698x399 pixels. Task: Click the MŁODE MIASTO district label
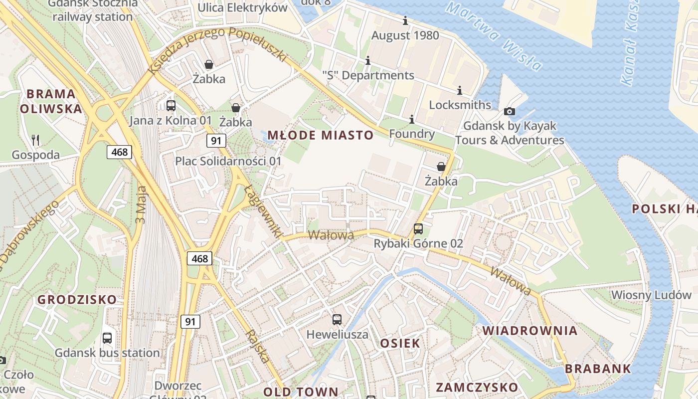point(320,135)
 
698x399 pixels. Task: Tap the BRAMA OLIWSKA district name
point(51,101)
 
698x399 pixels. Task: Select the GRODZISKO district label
point(77,300)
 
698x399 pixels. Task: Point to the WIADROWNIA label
point(530,331)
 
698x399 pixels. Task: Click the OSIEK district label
point(400,343)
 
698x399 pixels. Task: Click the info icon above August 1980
point(405,21)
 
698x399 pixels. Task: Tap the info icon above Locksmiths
point(460,91)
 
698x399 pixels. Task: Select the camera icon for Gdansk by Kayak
point(510,112)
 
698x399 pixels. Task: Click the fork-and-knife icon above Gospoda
point(35,140)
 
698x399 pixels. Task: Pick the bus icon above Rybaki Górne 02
point(418,229)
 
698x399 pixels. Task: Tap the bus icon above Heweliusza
point(338,319)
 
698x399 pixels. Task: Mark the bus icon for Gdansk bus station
point(107,338)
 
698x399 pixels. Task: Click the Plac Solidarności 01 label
point(228,161)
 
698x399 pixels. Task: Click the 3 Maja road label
point(142,204)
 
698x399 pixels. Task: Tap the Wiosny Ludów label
point(651,295)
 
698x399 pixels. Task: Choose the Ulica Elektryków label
point(243,8)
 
